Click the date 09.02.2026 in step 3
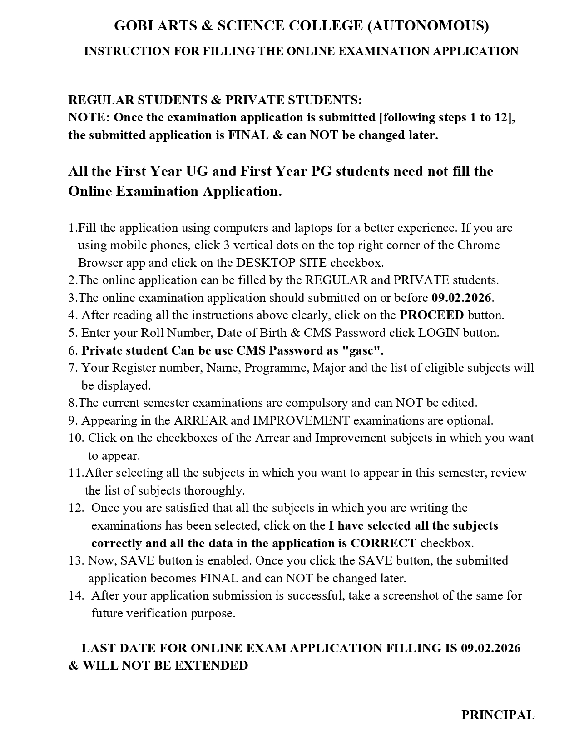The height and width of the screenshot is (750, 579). [x=461, y=298]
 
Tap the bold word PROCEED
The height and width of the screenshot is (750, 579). [x=431, y=315]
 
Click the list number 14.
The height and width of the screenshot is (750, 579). [x=76, y=595]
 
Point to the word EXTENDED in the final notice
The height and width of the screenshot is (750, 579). [x=211, y=665]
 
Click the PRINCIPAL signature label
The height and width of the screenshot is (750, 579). [x=498, y=715]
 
